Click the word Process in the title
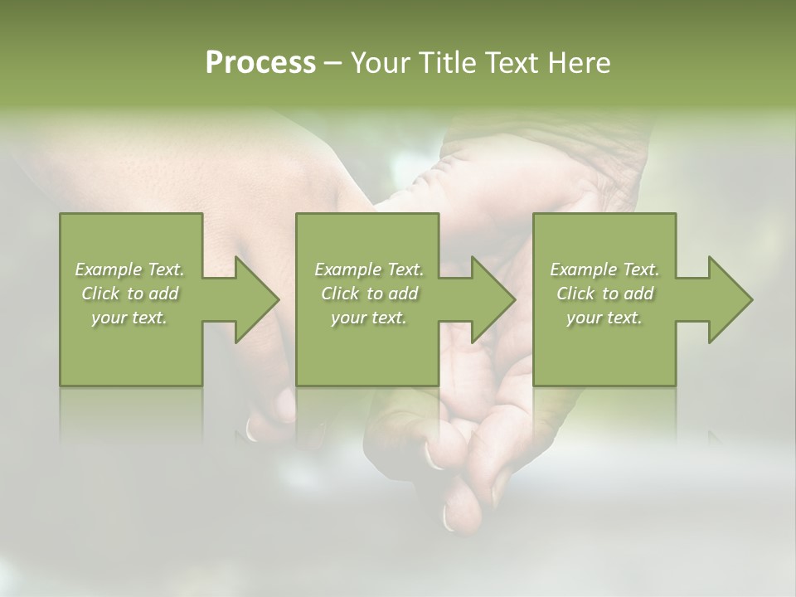tap(260, 63)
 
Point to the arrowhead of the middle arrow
tap(492, 299)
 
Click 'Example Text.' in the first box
tap(130, 269)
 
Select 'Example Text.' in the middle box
tap(369, 269)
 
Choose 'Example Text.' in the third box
tap(604, 269)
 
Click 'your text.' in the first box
tap(130, 318)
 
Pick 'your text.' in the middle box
tap(369, 318)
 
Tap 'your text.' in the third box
tap(604, 318)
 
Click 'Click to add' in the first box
tap(130, 294)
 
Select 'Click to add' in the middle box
tap(369, 294)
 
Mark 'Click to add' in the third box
tap(604, 294)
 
